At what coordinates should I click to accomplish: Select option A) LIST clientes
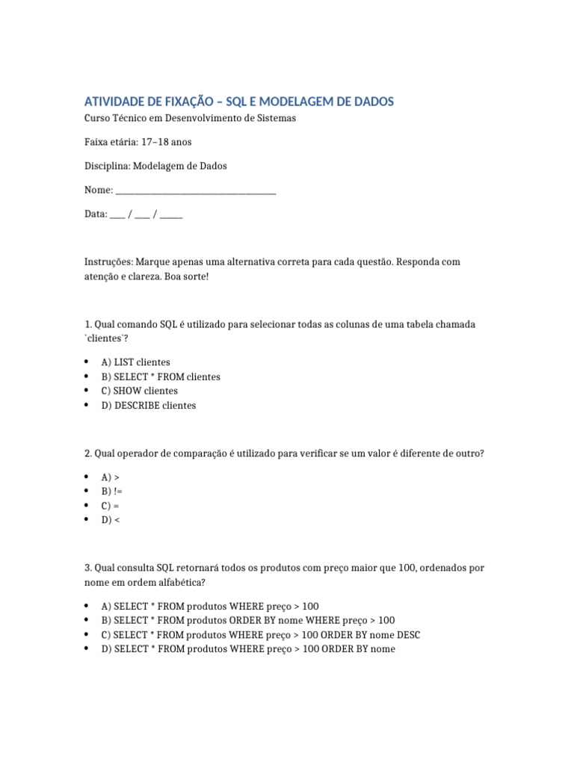135,362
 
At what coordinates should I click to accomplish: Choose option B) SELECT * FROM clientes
161,377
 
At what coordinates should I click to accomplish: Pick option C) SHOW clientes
139,391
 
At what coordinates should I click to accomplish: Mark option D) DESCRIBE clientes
148,406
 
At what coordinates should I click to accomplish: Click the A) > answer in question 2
110,477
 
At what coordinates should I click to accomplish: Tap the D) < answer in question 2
110,520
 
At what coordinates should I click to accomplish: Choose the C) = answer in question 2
110,506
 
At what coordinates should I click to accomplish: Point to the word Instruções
108,262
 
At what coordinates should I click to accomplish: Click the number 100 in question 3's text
407,568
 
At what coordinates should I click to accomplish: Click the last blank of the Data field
171,214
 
